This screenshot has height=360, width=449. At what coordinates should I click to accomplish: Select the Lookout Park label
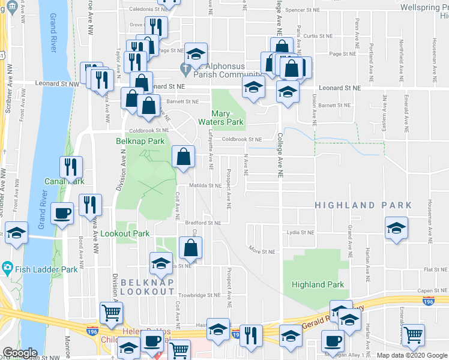pyautogui.click(x=124, y=233)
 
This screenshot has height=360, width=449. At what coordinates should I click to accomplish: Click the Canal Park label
pyautogui.click(x=64, y=181)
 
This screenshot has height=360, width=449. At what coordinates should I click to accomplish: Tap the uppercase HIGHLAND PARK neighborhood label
pyautogui.click(x=364, y=205)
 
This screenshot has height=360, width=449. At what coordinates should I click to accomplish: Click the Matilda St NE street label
pyautogui.click(x=206, y=186)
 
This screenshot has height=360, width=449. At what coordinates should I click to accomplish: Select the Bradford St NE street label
pyautogui.click(x=203, y=223)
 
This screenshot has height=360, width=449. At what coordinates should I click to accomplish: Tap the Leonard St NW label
pyautogui.click(x=57, y=85)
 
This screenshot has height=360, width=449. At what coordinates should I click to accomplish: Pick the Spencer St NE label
pyautogui.click(x=304, y=10)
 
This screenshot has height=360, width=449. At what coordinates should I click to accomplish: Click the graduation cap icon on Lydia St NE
pyautogui.click(x=396, y=228)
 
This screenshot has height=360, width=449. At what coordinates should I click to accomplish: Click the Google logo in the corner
pyautogui.click(x=20, y=353)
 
